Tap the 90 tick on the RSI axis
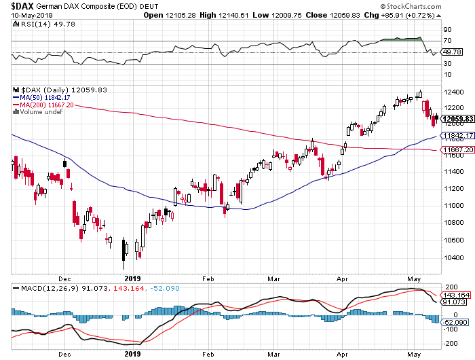[x=448, y=31]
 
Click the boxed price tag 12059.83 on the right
[x=457, y=119]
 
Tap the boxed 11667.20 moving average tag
[x=457, y=149]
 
